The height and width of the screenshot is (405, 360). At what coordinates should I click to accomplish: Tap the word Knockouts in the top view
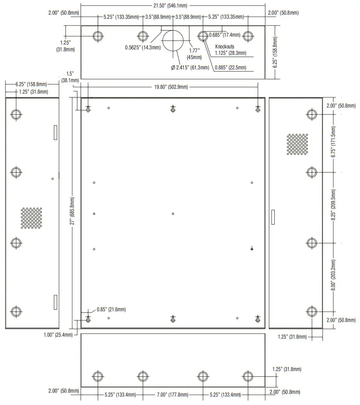pyautogui.click(x=225, y=46)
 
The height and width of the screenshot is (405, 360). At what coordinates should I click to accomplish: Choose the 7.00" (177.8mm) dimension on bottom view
pyautogui.click(x=172, y=395)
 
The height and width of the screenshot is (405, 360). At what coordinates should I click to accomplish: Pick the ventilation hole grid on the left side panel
pyautogui.click(x=31, y=218)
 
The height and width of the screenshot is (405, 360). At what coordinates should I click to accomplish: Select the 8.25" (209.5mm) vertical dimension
pyautogui.click(x=333, y=207)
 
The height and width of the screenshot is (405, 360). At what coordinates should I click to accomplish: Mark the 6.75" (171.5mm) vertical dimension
pyautogui.click(x=333, y=143)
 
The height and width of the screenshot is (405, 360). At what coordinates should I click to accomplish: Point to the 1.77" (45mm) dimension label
pyautogui.click(x=194, y=54)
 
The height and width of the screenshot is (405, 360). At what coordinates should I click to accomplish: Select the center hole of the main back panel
pyautogui.click(x=173, y=214)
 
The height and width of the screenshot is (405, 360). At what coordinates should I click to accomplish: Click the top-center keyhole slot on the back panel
pyautogui.click(x=173, y=109)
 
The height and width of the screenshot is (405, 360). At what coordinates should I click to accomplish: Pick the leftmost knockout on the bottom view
pyautogui.click(x=97, y=376)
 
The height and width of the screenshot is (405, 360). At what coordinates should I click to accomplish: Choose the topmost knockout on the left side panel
pyautogui.click(x=16, y=114)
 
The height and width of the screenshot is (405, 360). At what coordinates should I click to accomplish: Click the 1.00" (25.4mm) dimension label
pyautogui.click(x=58, y=335)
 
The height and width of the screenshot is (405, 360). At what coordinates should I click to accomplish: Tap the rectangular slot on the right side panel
pyautogui.click(x=273, y=217)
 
